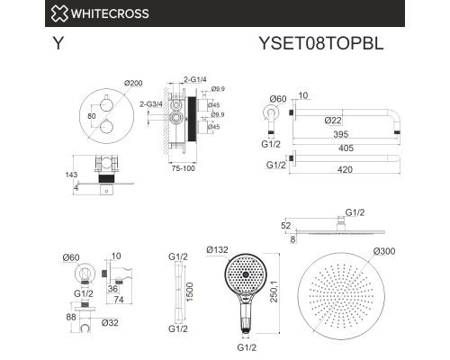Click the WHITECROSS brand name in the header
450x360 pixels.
[110, 13]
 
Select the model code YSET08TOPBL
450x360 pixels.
[321, 43]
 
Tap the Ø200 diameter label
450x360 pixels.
[133, 83]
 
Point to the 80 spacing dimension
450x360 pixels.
[92, 116]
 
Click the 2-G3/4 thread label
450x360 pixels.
[151, 104]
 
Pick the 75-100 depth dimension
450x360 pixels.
[183, 168]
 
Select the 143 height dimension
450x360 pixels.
[71, 175]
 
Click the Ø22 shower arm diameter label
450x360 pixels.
[333, 121]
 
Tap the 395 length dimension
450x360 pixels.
[341, 134]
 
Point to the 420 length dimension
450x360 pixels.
[345, 170]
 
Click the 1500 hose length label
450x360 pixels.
[190, 292]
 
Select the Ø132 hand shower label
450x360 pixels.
[217, 249]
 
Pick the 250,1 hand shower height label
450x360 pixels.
[274, 292]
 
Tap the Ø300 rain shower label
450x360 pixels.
[384, 251]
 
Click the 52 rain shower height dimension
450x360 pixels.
[286, 225]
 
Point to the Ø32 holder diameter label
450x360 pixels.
[110, 323]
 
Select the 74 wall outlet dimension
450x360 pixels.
[119, 300]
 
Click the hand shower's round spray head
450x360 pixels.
[246, 274]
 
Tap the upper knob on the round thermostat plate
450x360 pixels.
[106, 104]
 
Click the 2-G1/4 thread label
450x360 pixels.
[195, 79]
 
